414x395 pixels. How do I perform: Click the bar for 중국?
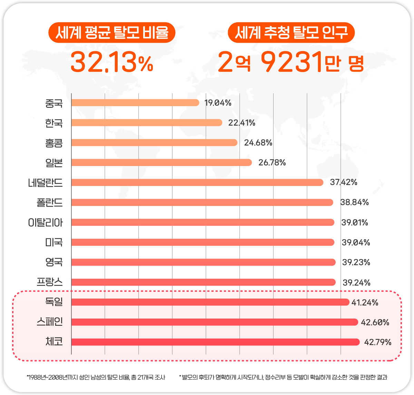[x=135, y=103]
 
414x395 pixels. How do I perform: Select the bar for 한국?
[x=147, y=123]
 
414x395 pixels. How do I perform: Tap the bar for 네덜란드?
[x=197, y=183]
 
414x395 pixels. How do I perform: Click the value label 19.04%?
[x=218, y=103]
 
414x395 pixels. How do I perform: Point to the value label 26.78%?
[x=272, y=163]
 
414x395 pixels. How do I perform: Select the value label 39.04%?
[x=356, y=242]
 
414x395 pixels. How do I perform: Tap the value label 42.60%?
[x=375, y=322]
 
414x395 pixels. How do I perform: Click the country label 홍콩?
[x=54, y=143]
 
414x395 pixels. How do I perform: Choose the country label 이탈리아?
[x=46, y=222]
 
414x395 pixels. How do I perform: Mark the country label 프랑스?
[x=50, y=282]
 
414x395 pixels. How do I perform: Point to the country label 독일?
[x=54, y=302]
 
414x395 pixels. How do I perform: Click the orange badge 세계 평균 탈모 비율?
[x=112, y=33]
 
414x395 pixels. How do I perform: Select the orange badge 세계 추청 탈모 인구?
[x=292, y=33]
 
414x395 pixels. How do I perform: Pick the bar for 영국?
[x=204, y=262]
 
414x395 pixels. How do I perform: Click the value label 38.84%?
[x=355, y=202]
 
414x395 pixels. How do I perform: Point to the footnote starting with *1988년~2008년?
[x=96, y=377]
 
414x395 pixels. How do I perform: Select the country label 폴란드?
[x=50, y=202]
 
